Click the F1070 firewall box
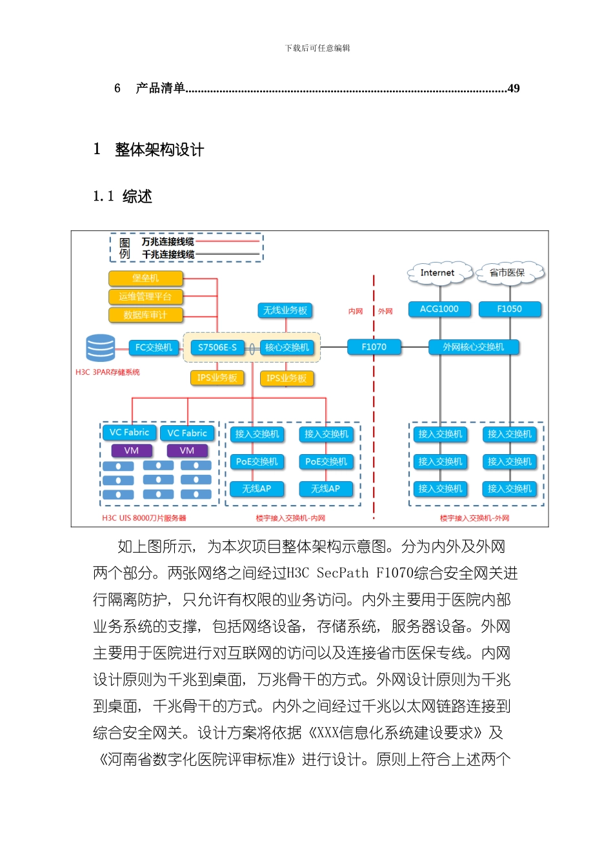374,347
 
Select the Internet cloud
437,273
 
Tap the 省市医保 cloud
507,273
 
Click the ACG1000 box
439,309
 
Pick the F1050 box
510,309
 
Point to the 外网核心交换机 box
474,347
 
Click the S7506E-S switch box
217,347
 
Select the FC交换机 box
154,347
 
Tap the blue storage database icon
101,348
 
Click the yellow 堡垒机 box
146,278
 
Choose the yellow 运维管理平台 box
146,297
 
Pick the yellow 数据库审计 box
146,315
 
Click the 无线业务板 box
285,310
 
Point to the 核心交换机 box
287,347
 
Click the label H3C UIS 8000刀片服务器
144,518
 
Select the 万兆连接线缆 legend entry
168,242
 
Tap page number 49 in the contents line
514,88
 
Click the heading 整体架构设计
159,150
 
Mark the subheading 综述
137,197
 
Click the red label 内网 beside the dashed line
356,312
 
